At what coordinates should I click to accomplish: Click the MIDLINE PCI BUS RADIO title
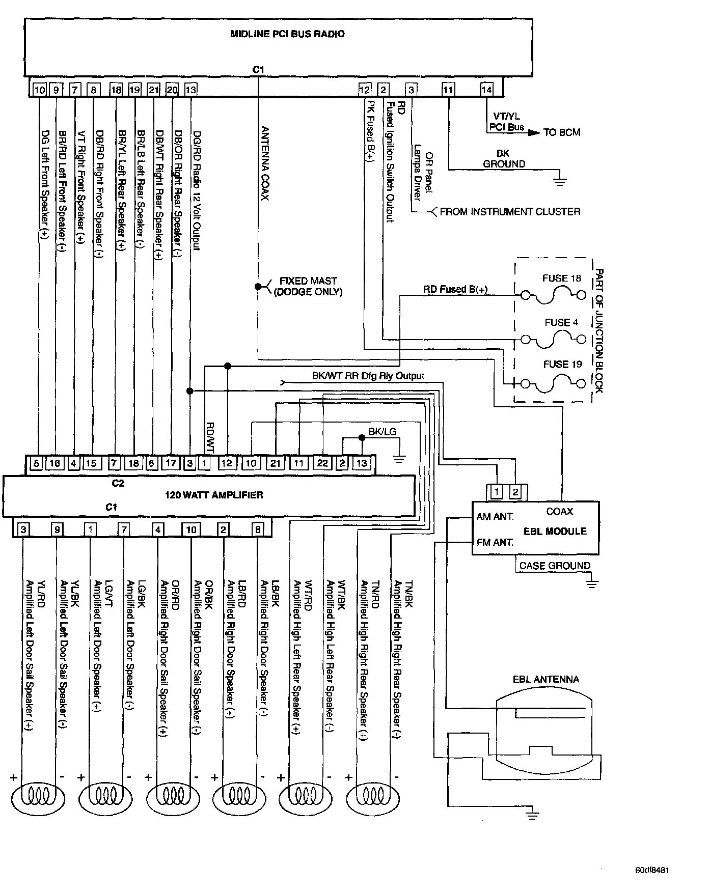287,34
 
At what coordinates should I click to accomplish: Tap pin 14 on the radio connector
486,90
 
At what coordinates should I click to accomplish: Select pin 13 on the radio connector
190,90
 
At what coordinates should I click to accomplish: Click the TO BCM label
561,132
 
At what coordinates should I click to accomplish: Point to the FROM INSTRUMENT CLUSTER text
510,211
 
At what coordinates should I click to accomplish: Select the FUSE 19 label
562,365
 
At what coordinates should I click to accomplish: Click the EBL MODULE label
555,531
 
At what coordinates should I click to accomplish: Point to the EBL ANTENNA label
546,679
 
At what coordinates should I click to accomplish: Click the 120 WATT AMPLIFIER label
214,494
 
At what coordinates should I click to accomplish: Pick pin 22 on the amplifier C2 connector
322,463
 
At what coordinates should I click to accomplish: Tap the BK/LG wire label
383,432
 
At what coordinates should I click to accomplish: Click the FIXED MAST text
308,281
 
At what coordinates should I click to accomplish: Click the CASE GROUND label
555,566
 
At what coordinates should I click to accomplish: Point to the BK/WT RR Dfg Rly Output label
368,376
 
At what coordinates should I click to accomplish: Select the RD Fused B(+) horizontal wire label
455,289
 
